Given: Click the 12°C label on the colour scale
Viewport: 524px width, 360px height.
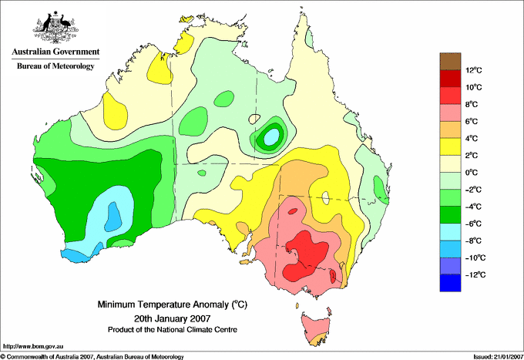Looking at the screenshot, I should [x=474, y=70].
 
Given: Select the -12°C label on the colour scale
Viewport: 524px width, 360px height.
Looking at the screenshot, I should [x=473, y=274].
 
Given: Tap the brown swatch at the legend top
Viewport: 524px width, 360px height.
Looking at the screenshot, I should [x=448, y=60].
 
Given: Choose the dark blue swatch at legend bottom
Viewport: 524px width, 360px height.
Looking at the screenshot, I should [x=448, y=282].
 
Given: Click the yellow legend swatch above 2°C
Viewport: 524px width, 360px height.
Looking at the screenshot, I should [x=448, y=146].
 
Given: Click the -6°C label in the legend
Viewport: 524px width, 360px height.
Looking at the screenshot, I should [x=474, y=224].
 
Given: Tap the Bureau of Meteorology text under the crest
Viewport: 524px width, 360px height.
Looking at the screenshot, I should [x=55, y=66].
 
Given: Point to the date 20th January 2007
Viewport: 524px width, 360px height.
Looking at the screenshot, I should [x=172, y=318].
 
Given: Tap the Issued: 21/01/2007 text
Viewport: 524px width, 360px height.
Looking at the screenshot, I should [x=490, y=356].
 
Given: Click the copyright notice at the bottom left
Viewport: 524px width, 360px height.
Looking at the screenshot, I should [x=92, y=356].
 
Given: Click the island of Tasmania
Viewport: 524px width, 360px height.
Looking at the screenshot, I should [x=316, y=325].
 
